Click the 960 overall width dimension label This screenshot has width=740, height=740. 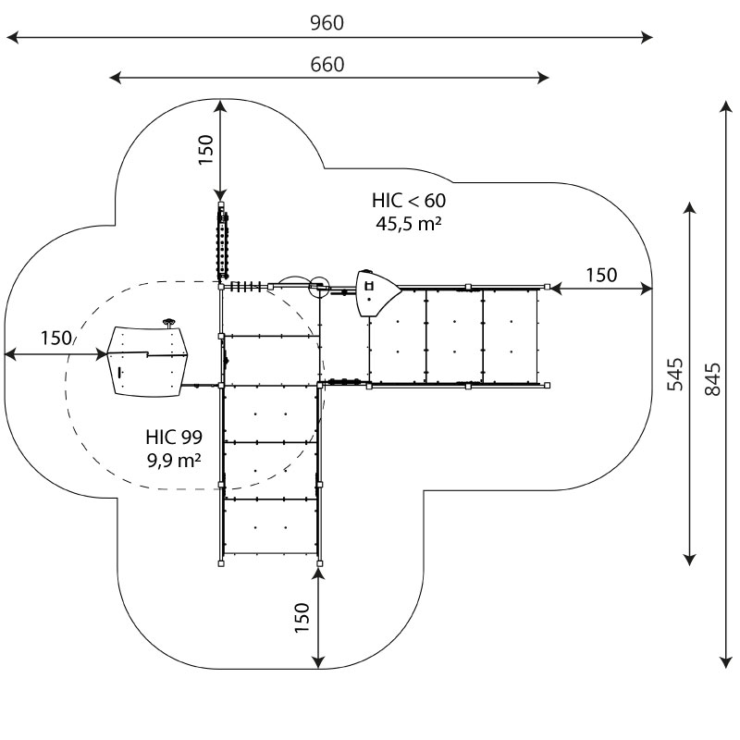pyautogui.click(x=327, y=22)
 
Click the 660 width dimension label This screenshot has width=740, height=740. pyautogui.click(x=327, y=65)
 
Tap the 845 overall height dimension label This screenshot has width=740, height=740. pyautogui.click(x=712, y=379)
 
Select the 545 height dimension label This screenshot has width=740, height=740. pyautogui.click(x=675, y=375)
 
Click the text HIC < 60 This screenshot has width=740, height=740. pyautogui.click(x=409, y=201)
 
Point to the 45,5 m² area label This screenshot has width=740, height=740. pyautogui.click(x=409, y=223)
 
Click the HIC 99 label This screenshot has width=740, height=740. pyautogui.click(x=174, y=437)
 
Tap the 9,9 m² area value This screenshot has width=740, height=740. pyautogui.click(x=174, y=460)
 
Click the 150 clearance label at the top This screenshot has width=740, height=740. pyautogui.click(x=206, y=150)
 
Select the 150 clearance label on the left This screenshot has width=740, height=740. pyautogui.click(x=56, y=338)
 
